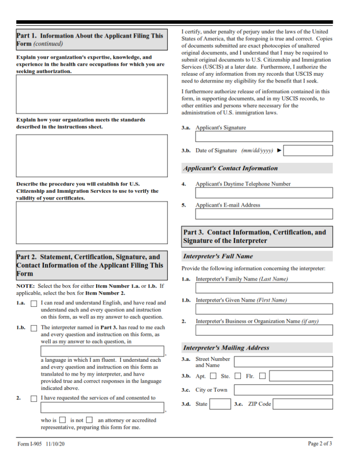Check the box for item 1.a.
click(34, 303)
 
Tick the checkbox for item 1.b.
click(34, 328)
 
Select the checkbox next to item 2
click(34, 398)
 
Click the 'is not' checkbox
click(90, 420)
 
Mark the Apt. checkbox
click(213, 376)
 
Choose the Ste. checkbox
click(238, 376)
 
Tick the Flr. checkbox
click(262, 376)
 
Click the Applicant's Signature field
click(264, 136)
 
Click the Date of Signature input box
click(308, 151)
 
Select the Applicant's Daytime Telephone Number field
click(264, 193)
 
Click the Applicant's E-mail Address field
click(264, 214)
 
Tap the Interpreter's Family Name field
click(264, 288)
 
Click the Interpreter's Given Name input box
click(264, 309)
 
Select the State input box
click(220, 404)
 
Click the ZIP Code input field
click(303, 404)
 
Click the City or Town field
click(283, 390)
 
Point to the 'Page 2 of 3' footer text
click(320, 444)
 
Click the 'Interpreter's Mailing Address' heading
click(226, 348)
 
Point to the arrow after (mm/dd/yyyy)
click(279, 151)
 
